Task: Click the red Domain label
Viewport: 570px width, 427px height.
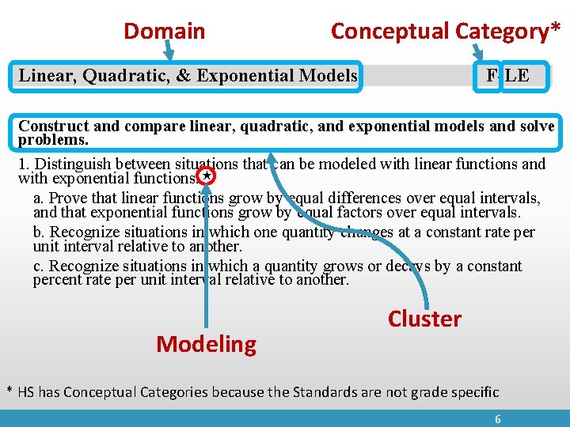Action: (x=165, y=32)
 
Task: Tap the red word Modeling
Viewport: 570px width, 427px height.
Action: (x=207, y=345)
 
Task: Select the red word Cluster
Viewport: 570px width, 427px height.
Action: (x=424, y=319)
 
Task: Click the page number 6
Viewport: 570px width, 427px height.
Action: (x=498, y=420)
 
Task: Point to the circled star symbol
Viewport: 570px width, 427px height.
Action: (x=205, y=176)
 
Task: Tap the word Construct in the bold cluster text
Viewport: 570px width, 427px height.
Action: (x=50, y=127)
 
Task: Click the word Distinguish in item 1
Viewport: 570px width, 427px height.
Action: (x=74, y=164)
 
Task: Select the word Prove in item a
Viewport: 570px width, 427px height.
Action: (x=69, y=198)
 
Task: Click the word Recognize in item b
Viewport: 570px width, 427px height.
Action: (x=87, y=232)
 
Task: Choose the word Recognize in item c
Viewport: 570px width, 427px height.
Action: (x=87, y=266)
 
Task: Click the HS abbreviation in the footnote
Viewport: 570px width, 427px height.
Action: (x=27, y=392)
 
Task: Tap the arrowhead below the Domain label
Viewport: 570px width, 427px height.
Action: (x=169, y=57)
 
